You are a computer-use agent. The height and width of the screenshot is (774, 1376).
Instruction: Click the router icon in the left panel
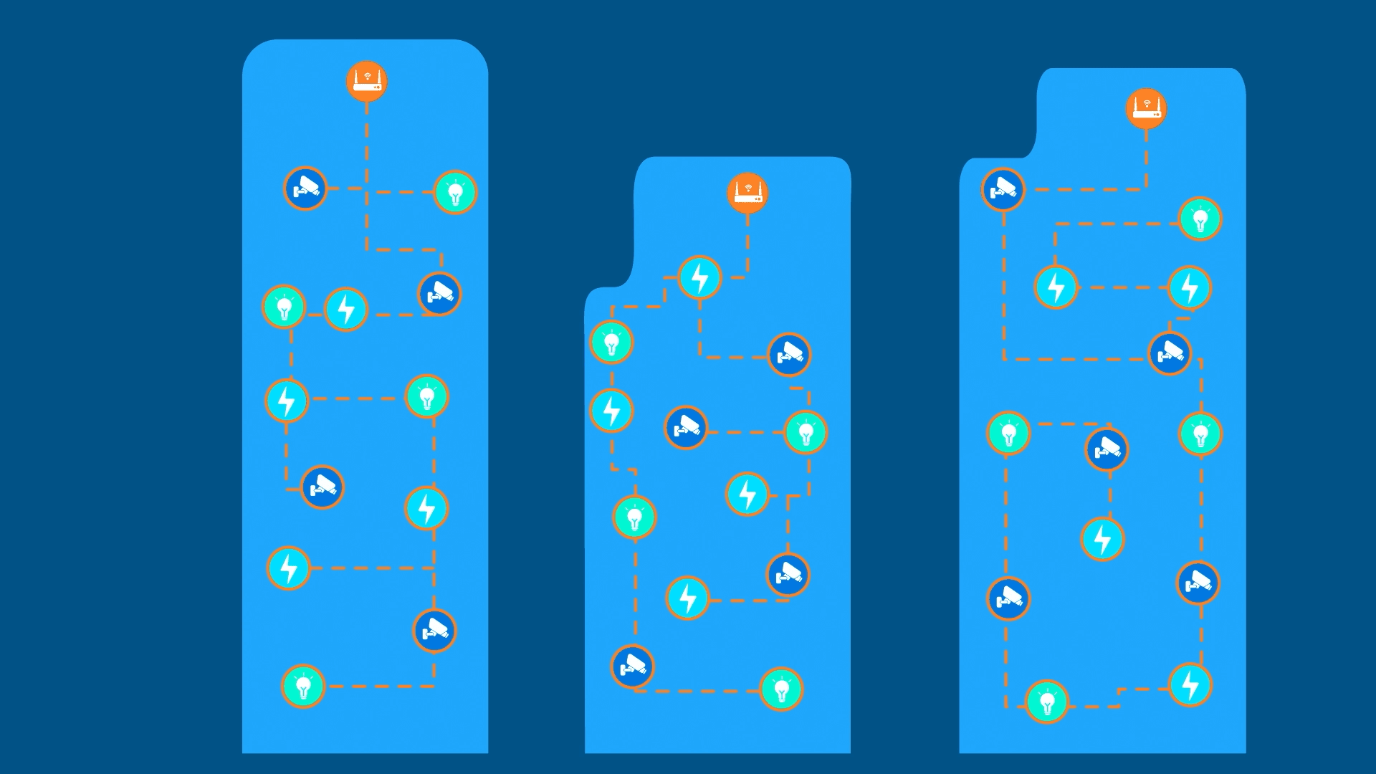pos(367,81)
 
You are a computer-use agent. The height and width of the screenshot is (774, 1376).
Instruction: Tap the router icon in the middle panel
pos(747,193)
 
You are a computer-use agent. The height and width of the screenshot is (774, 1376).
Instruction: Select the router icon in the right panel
pos(1146,109)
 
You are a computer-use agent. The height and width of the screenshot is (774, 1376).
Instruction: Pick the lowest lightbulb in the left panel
pos(303,687)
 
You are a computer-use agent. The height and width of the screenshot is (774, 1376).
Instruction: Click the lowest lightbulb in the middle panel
pos(781,689)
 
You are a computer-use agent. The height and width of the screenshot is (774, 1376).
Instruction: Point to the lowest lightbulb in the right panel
pos(1047,702)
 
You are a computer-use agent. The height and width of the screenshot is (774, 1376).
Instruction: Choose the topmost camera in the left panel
pos(305,188)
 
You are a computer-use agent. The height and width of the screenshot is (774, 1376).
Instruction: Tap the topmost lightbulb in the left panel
pos(455,192)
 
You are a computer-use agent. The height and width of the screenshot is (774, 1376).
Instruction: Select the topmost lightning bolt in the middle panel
pos(699,277)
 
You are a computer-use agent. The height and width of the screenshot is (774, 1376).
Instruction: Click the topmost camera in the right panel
pos(1003,189)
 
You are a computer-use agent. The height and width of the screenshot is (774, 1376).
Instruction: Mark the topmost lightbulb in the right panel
pos(1200,219)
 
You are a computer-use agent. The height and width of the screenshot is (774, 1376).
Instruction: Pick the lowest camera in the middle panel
pos(633,666)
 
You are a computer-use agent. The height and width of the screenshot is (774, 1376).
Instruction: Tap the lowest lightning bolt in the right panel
pos(1190,684)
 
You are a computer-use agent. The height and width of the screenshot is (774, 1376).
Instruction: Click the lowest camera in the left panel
pos(434,631)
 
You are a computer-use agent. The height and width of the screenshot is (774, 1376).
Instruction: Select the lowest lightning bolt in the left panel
pos(288,568)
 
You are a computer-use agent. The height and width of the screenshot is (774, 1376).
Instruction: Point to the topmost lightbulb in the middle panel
pos(611,343)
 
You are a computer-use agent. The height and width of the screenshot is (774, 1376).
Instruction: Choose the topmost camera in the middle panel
pos(789,354)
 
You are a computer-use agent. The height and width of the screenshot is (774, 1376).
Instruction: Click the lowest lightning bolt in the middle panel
pos(687,598)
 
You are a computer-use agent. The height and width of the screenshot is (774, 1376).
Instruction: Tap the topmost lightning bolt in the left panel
pos(346,310)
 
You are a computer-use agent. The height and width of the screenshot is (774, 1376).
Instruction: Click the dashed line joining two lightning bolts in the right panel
pos(1123,287)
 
